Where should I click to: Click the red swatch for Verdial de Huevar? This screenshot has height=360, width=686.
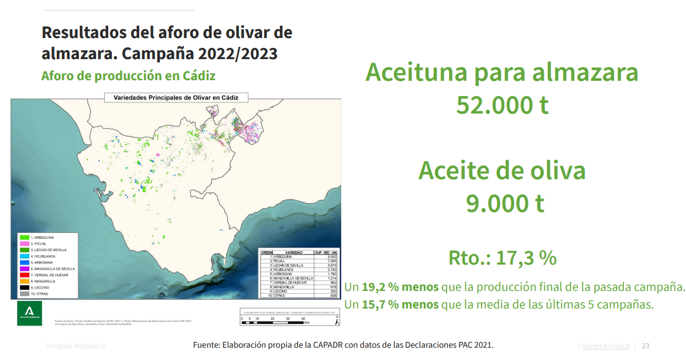click(x=24, y=275)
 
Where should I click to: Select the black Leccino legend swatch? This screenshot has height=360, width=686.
click(x=24, y=287)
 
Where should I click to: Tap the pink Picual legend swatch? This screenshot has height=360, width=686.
click(x=24, y=243)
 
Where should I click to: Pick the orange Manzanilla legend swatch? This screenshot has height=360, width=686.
click(x=24, y=281)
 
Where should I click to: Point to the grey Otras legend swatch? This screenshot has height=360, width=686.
click(x=24, y=294)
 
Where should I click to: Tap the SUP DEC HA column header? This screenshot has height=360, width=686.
click(x=327, y=252)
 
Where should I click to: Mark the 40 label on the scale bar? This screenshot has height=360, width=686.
click(x=303, y=318)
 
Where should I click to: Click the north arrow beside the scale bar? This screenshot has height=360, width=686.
click(x=337, y=320)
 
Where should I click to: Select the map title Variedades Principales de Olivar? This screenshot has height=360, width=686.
click(x=176, y=98)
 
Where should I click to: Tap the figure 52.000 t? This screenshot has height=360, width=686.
click(x=502, y=105)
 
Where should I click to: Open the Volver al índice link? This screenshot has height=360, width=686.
click(x=606, y=346)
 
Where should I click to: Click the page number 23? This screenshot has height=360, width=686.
click(x=646, y=346)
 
